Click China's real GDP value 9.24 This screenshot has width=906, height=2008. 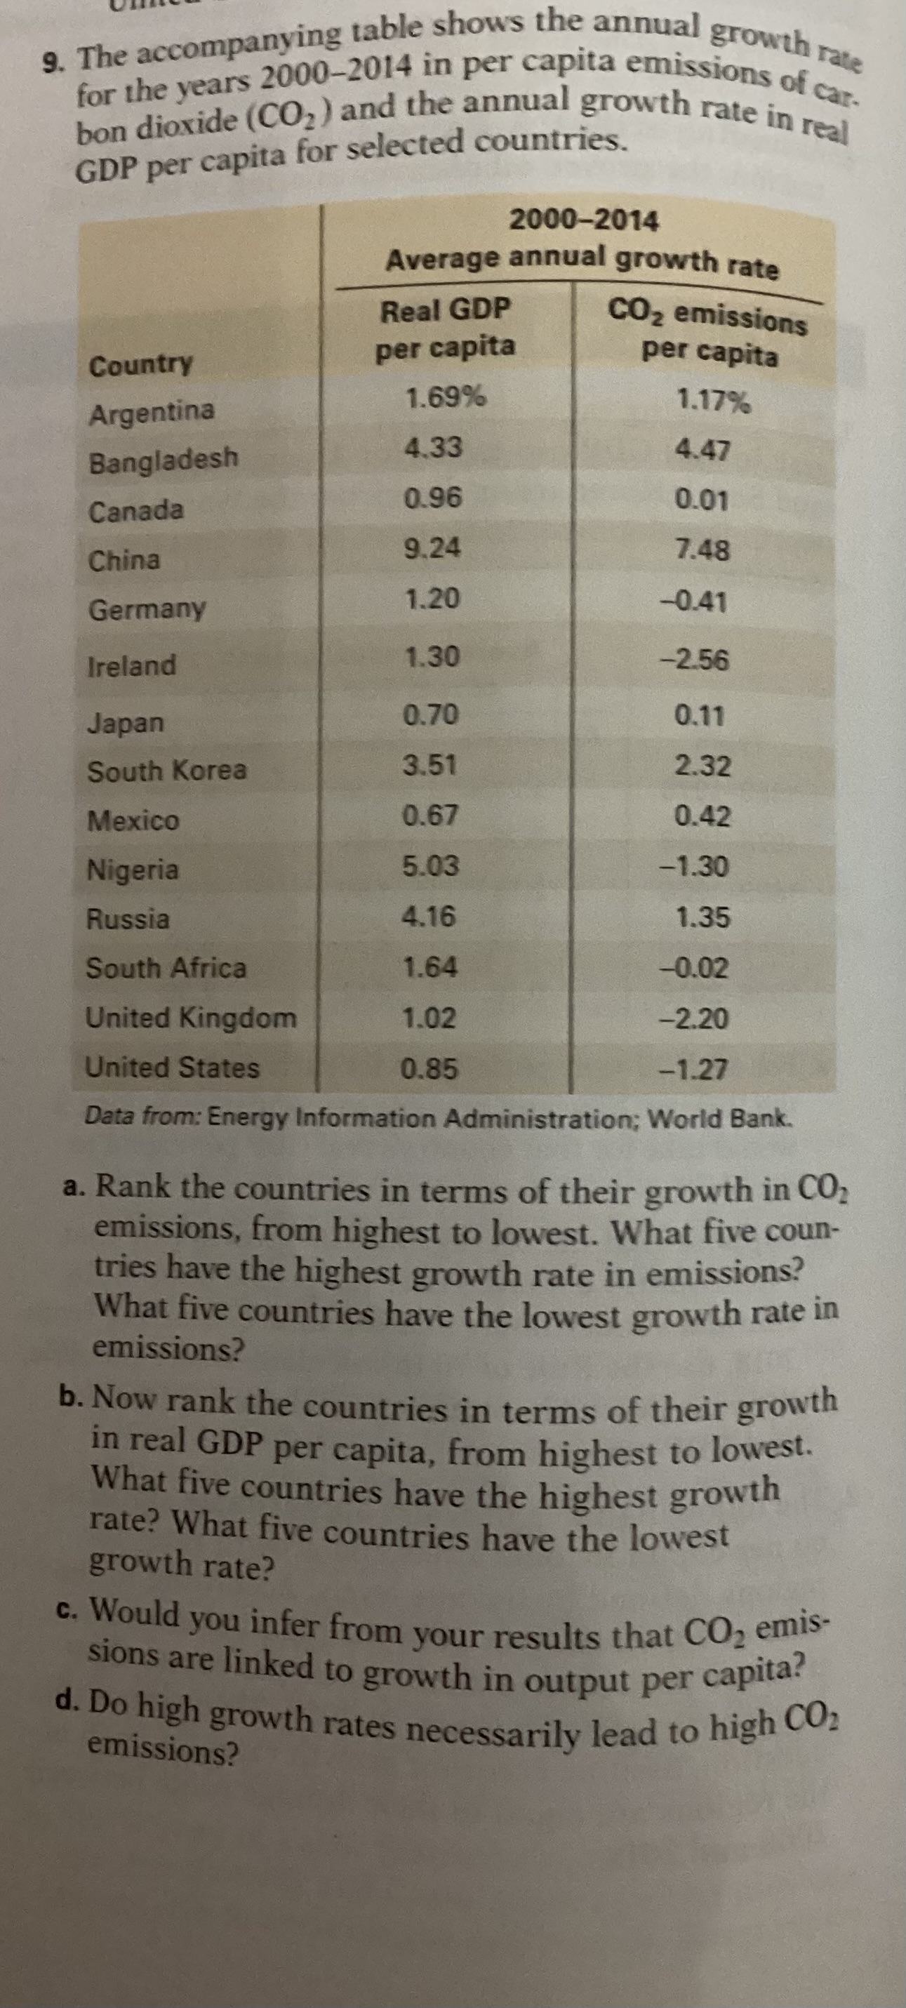(x=433, y=550)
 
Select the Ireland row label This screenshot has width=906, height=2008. (x=133, y=665)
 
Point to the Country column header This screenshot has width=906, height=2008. (x=141, y=365)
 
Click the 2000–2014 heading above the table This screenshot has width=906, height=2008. (x=583, y=220)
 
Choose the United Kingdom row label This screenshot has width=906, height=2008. (x=191, y=1018)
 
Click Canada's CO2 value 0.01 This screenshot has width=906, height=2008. (x=703, y=500)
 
